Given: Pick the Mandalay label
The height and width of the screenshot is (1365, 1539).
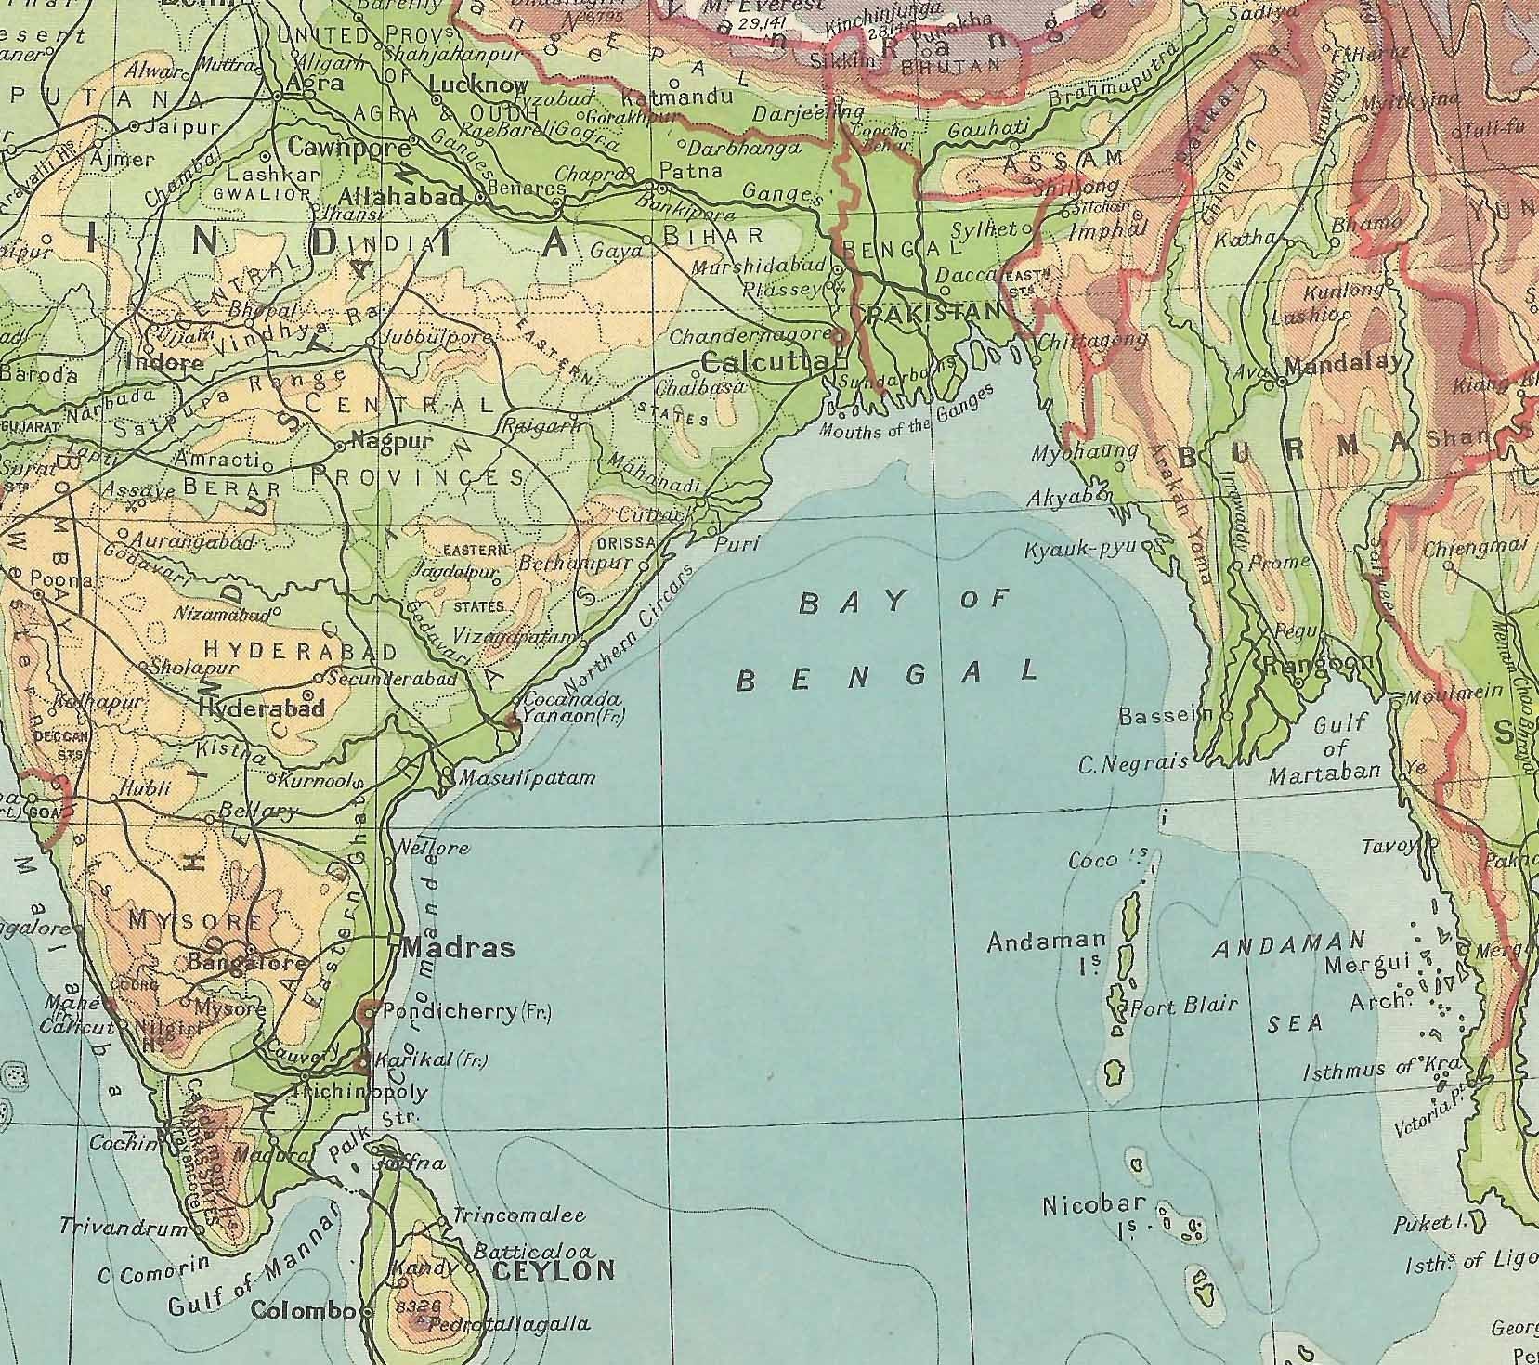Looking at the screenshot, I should tap(1346, 362).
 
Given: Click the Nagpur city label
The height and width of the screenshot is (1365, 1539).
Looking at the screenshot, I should tap(393, 442).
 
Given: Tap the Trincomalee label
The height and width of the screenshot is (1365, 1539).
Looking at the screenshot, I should tap(518, 1215).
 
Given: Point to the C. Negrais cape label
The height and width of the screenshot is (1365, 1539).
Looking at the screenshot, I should tap(1132, 763).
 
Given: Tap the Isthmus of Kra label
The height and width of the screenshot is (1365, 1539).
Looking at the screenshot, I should tap(1382, 1070).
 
